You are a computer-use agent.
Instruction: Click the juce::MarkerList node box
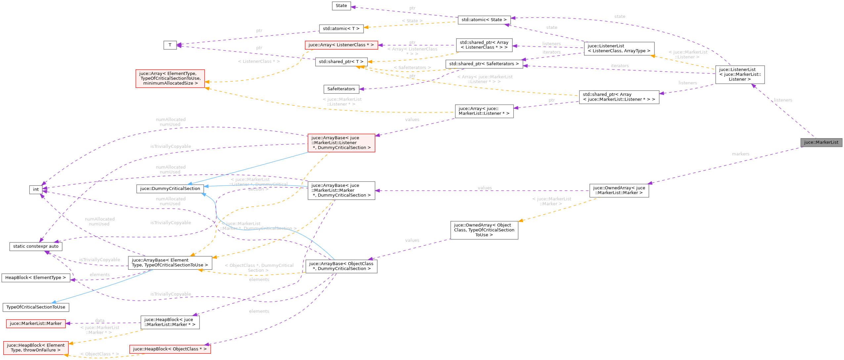coord(821,142)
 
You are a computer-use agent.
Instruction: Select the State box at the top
coord(341,6)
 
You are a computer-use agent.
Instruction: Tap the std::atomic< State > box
coord(484,20)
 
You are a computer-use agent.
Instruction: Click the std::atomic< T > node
coord(341,29)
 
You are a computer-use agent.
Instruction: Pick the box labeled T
coord(170,45)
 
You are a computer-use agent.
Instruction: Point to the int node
coord(36,189)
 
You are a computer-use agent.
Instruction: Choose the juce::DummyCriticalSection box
coord(170,189)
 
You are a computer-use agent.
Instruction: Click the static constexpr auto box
coord(36,246)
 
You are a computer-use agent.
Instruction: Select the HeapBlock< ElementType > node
coord(36,278)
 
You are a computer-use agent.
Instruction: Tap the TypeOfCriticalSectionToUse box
coord(36,307)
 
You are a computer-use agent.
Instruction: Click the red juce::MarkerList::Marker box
coord(36,324)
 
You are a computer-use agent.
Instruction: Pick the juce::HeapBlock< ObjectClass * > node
coord(170,349)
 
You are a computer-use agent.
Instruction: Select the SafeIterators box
coord(341,89)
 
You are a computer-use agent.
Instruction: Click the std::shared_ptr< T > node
coord(341,62)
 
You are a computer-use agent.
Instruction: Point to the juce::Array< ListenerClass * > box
coord(341,45)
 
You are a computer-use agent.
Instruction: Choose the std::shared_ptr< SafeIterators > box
coord(484,64)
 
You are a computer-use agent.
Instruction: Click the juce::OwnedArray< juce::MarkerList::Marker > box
coord(619,190)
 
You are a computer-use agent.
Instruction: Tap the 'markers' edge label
coord(740,154)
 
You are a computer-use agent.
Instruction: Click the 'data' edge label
coord(100,320)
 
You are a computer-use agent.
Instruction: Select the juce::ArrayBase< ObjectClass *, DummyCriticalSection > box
coord(341,266)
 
